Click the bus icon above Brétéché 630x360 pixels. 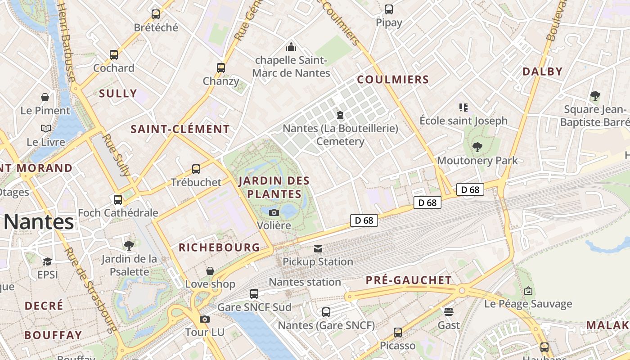click(156, 14)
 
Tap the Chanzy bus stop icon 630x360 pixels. click(220, 68)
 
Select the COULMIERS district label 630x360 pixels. click(393, 80)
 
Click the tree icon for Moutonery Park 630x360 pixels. click(477, 147)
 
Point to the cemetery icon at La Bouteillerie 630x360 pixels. click(340, 115)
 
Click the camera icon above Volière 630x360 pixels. click(274, 212)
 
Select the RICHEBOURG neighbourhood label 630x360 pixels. click(219, 247)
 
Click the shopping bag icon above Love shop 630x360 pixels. click(210, 270)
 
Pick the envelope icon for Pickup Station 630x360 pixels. click(318, 248)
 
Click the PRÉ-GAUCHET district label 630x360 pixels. click(409, 280)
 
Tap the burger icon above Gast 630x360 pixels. click(448, 311)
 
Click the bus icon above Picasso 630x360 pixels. click(398, 332)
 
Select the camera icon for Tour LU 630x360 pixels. click(205, 319)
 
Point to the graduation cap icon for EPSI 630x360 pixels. click(47, 261)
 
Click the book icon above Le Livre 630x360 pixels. click(46, 129)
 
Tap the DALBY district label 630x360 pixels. click(543, 71)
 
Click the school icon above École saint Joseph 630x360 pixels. click(463, 107)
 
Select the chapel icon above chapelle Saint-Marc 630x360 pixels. click(291, 47)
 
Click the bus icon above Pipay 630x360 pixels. click(389, 9)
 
